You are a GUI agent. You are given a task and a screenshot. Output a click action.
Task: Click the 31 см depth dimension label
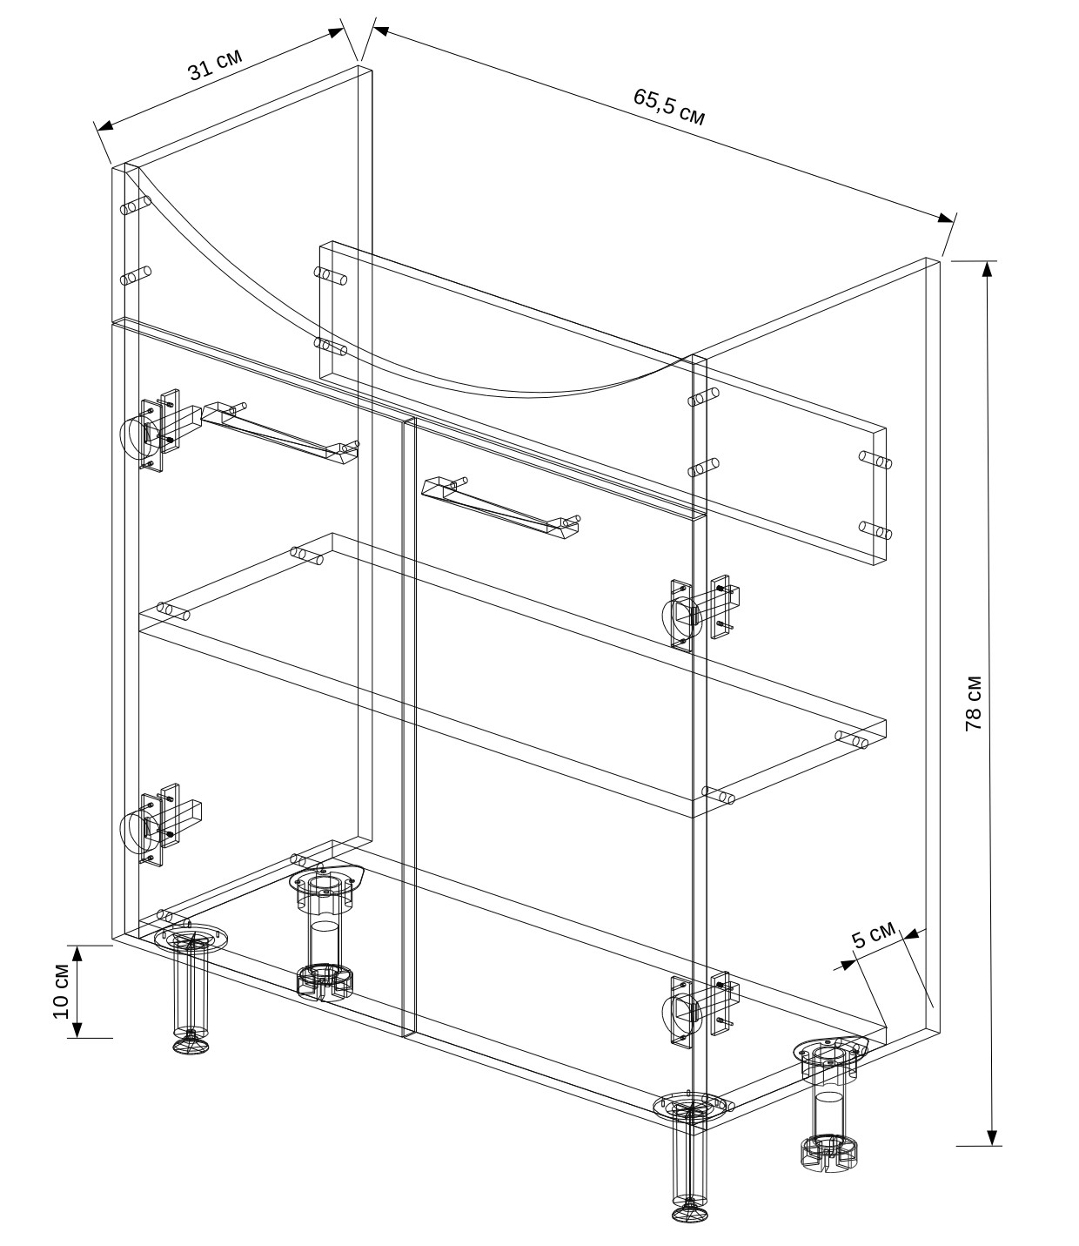click(215, 64)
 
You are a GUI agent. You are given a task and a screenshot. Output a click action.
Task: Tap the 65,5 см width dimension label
click(669, 107)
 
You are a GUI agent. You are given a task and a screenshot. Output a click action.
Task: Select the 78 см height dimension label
click(974, 704)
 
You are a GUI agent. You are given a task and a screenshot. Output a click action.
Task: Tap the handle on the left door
click(280, 434)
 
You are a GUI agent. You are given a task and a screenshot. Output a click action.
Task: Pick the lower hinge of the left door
click(160, 824)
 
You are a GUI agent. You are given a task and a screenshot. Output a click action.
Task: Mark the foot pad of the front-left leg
click(191, 1044)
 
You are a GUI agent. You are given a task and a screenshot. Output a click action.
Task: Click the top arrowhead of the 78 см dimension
click(987, 269)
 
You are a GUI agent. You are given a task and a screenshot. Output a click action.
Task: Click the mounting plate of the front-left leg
click(191, 938)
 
